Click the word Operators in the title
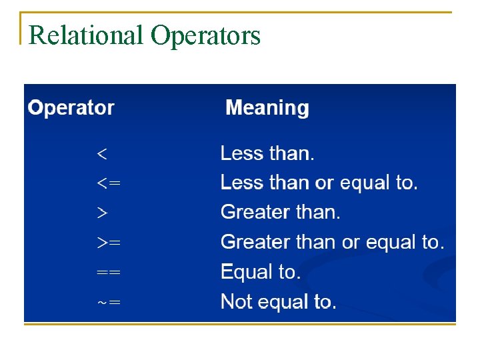(205, 36)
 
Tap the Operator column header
(71, 108)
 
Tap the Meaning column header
(267, 108)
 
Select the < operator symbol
(102, 154)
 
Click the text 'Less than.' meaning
(267, 154)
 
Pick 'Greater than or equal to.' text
(332, 243)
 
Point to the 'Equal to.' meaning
(261, 272)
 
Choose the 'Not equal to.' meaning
(279, 302)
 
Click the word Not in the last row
(235, 302)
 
